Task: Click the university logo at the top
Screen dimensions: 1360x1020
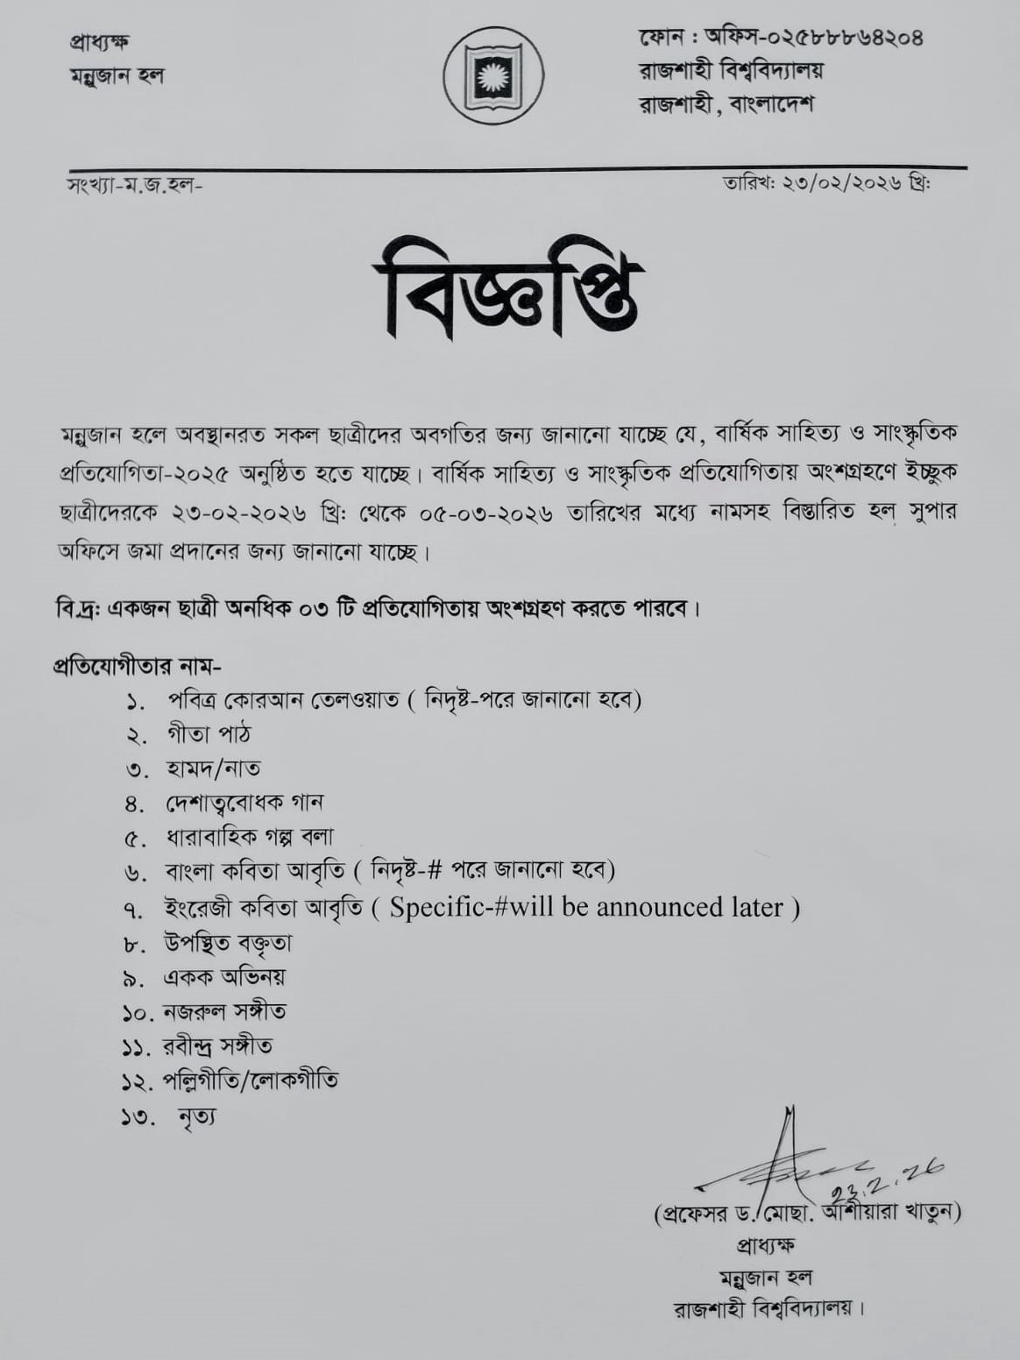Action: (493, 75)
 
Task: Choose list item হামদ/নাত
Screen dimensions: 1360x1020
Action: (213, 769)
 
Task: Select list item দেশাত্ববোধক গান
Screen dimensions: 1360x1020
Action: (244, 803)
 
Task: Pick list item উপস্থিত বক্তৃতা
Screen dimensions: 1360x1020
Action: (228, 943)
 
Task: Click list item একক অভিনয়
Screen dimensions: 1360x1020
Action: (224, 977)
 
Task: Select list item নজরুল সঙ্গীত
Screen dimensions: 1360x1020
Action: (224, 1012)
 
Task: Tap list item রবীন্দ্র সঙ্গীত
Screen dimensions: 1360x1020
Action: (217, 1046)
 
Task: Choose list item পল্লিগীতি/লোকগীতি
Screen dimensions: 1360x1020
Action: (251, 1080)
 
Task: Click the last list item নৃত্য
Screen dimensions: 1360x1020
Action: (196, 1117)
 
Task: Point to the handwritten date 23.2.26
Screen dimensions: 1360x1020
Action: (885, 1179)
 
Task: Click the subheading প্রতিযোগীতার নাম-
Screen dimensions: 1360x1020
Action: (138, 666)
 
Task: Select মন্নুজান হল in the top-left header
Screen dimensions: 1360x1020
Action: (117, 76)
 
